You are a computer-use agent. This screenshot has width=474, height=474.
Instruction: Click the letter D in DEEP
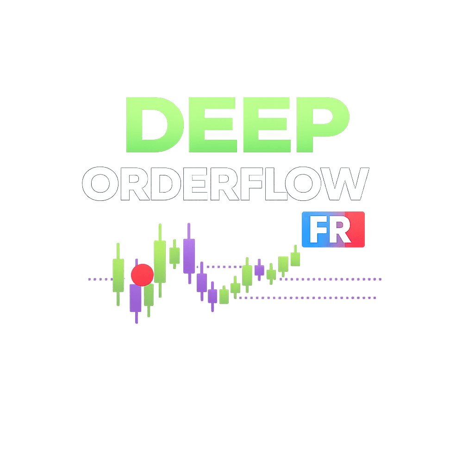pos(150,124)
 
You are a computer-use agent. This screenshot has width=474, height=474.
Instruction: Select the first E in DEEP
pos(207,124)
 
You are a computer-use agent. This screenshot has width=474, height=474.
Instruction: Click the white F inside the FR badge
pos(318,230)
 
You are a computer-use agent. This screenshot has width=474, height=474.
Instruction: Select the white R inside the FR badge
pos(341,230)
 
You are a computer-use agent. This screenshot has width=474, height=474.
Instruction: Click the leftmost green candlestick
pos(118,275)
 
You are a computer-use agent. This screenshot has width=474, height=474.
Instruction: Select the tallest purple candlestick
pos(189,256)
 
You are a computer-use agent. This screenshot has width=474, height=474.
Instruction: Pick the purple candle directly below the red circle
pos(136,299)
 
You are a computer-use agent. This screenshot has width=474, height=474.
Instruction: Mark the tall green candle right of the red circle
pos(160,262)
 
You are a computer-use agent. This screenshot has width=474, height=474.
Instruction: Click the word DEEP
pos(236,124)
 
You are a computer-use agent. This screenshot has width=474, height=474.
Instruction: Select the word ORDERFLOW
pos(225,184)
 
